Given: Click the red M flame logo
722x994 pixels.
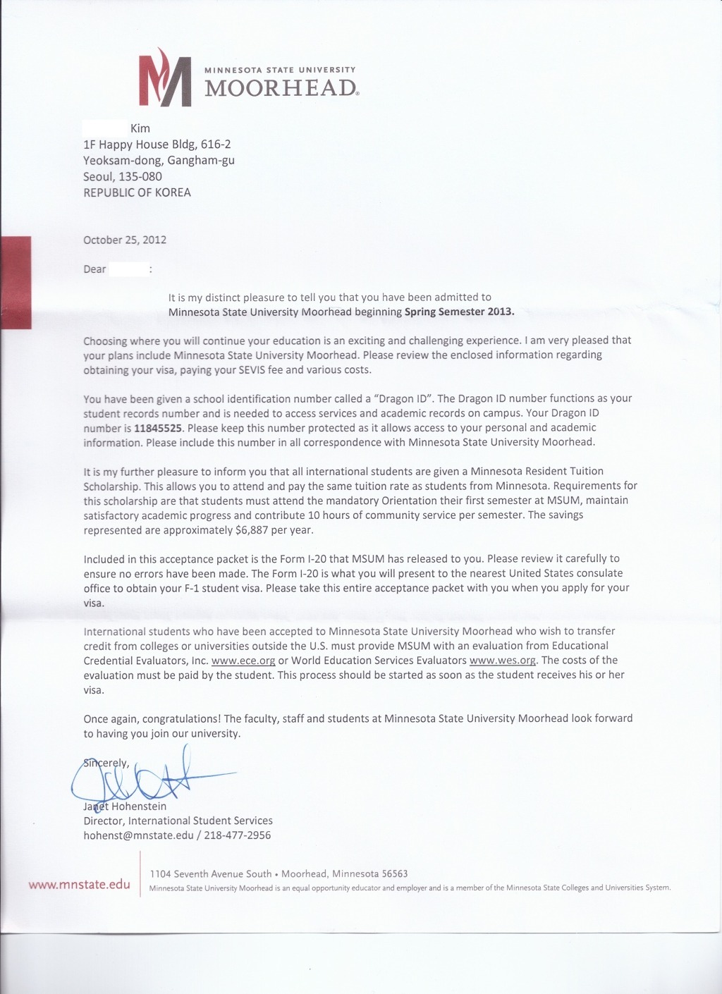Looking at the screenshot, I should (166, 78).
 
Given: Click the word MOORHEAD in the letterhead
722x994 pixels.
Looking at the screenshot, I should (281, 88).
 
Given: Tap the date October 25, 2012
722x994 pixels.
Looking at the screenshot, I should (125, 240).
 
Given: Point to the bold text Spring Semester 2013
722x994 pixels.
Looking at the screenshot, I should (460, 312).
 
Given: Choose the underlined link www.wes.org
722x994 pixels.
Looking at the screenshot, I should (502, 661).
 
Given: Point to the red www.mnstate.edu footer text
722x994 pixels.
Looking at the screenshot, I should (80, 885).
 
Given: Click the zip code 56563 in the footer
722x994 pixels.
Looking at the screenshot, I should (395, 873).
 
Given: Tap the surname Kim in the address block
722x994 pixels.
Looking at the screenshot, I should (140, 128).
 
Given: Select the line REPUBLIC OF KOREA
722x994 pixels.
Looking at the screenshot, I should (137, 192).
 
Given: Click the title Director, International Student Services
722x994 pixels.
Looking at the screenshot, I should (178, 821).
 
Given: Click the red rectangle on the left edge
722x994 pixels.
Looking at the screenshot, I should (16, 282).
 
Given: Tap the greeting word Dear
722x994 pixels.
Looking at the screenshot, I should (94, 269).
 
